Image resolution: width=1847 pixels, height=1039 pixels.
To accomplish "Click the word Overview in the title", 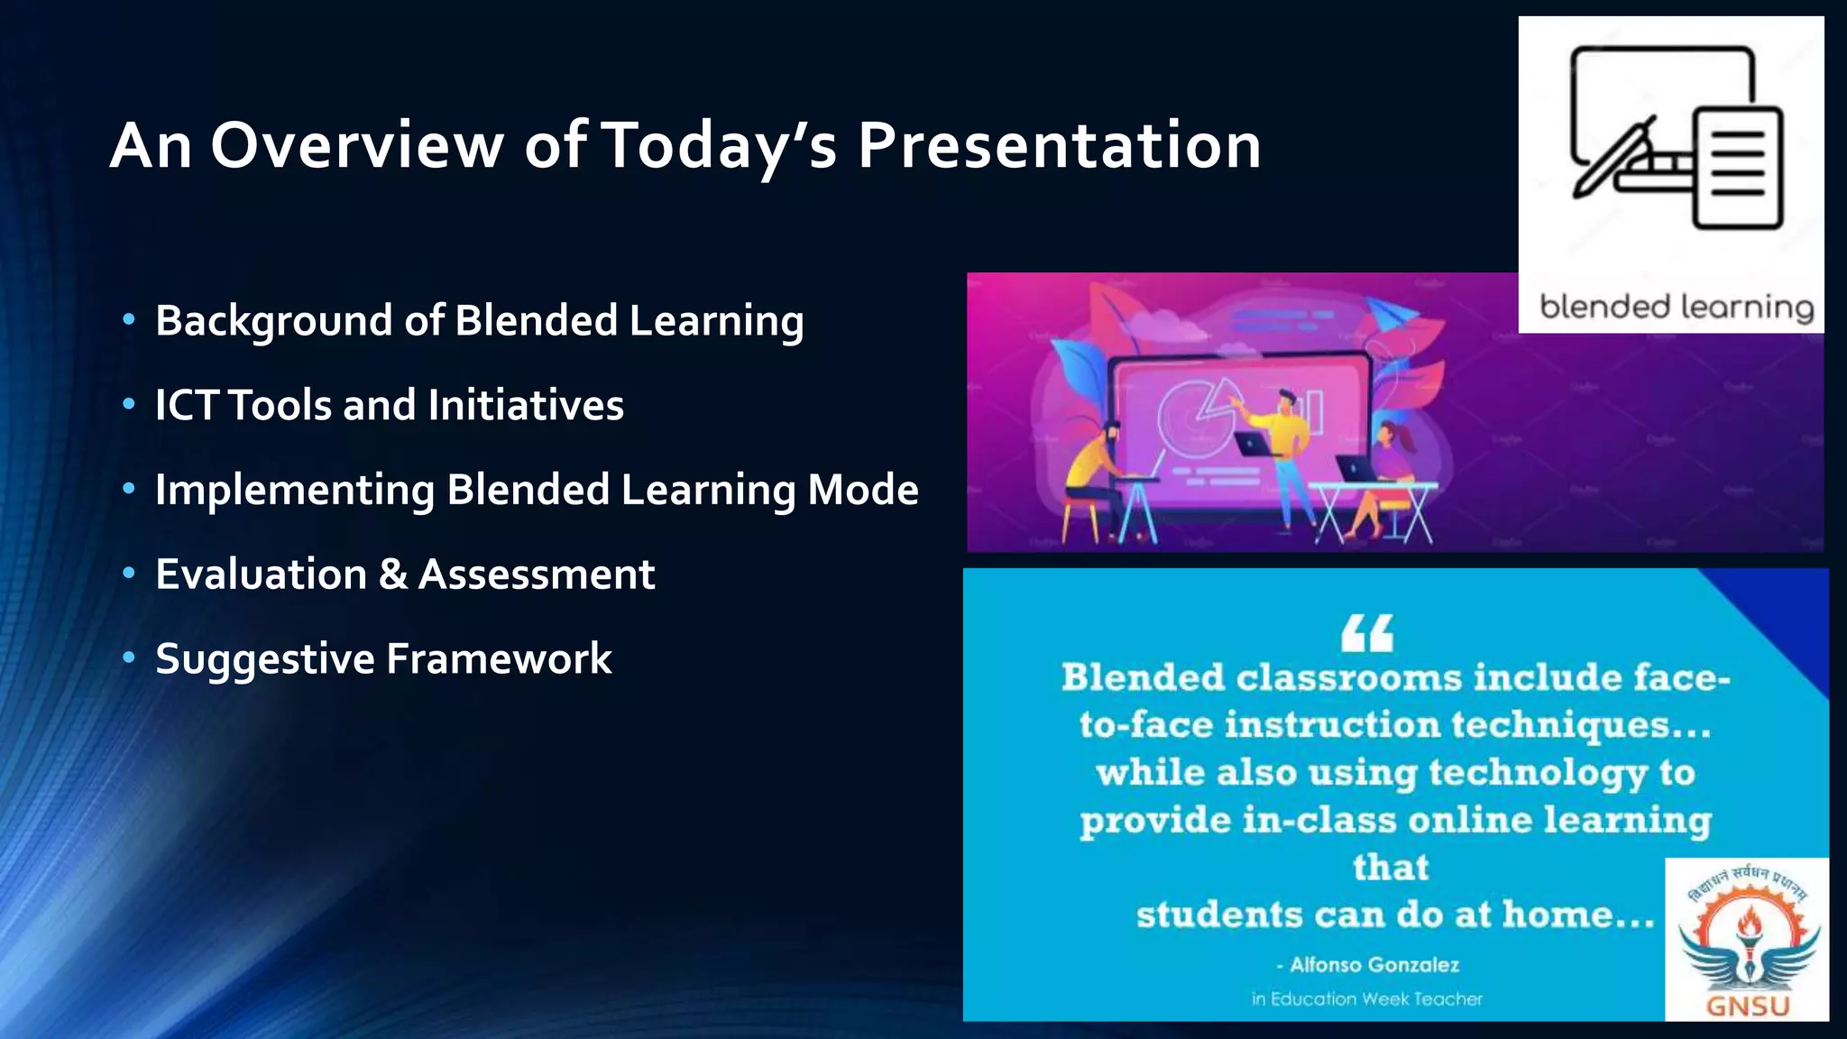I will click(357, 145).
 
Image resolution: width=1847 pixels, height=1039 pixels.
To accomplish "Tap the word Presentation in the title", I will click(1059, 145).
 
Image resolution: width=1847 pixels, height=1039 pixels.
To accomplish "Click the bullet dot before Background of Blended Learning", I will click(129, 319).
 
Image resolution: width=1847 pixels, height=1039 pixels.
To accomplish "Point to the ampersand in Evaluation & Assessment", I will click(392, 575).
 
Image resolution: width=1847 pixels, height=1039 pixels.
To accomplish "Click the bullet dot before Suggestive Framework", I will click(129, 657).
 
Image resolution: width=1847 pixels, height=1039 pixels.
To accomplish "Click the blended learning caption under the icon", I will click(1676, 308).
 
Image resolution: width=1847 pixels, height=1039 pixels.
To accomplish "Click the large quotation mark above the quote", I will click(1367, 632).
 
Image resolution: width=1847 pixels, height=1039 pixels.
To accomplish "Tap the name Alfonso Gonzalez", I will click(1374, 965).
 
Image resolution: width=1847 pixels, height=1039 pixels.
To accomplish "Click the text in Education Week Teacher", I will click(1367, 999).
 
